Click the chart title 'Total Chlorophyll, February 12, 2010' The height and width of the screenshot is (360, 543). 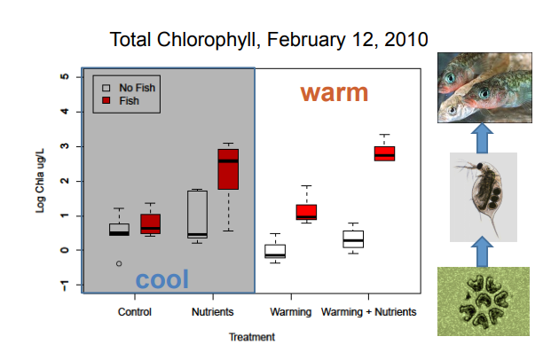click(x=268, y=40)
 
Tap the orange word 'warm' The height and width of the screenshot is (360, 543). click(x=334, y=92)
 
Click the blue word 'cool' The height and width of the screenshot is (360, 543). click(x=161, y=279)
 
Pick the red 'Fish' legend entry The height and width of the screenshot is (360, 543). click(x=122, y=101)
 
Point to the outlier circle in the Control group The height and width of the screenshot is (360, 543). click(x=119, y=263)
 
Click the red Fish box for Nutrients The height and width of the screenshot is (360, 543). click(x=228, y=168)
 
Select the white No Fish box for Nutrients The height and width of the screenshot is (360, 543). click(x=197, y=214)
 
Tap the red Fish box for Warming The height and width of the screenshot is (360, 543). click(x=306, y=212)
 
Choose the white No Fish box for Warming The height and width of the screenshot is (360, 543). click(x=275, y=251)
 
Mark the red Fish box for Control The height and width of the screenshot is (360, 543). click(x=150, y=223)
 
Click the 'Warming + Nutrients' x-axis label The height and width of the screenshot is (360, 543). click(x=368, y=312)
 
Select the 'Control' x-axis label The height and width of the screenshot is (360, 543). click(x=134, y=312)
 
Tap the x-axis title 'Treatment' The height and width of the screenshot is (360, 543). click(x=251, y=336)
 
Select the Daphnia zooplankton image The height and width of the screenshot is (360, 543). click(x=483, y=197)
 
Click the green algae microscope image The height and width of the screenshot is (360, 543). click(x=483, y=301)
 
